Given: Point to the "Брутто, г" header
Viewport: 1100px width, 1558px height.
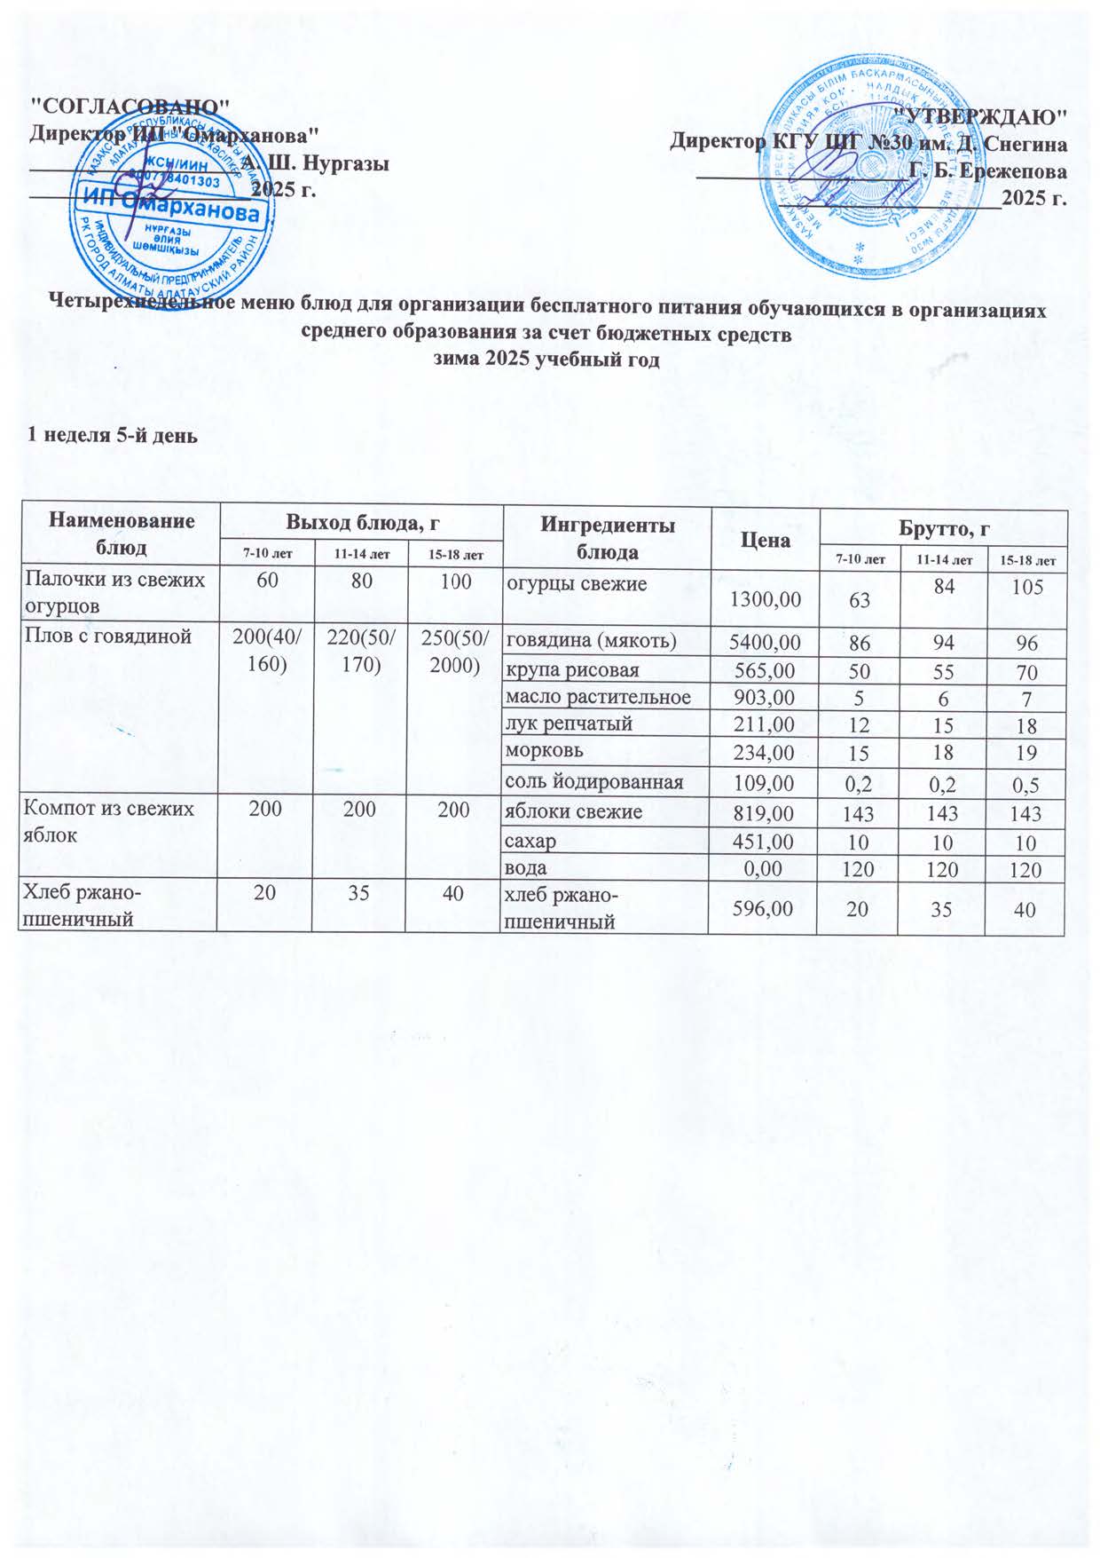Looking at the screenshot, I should tap(942, 529).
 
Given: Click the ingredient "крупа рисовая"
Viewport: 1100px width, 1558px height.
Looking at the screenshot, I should tap(572, 669).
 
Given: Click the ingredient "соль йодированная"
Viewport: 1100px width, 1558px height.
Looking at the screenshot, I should tap(594, 782).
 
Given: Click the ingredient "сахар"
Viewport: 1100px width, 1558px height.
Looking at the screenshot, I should tap(531, 840).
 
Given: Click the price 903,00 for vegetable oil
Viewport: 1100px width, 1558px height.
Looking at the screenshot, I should tap(765, 698).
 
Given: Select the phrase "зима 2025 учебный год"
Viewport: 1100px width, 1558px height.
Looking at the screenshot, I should tap(546, 360).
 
